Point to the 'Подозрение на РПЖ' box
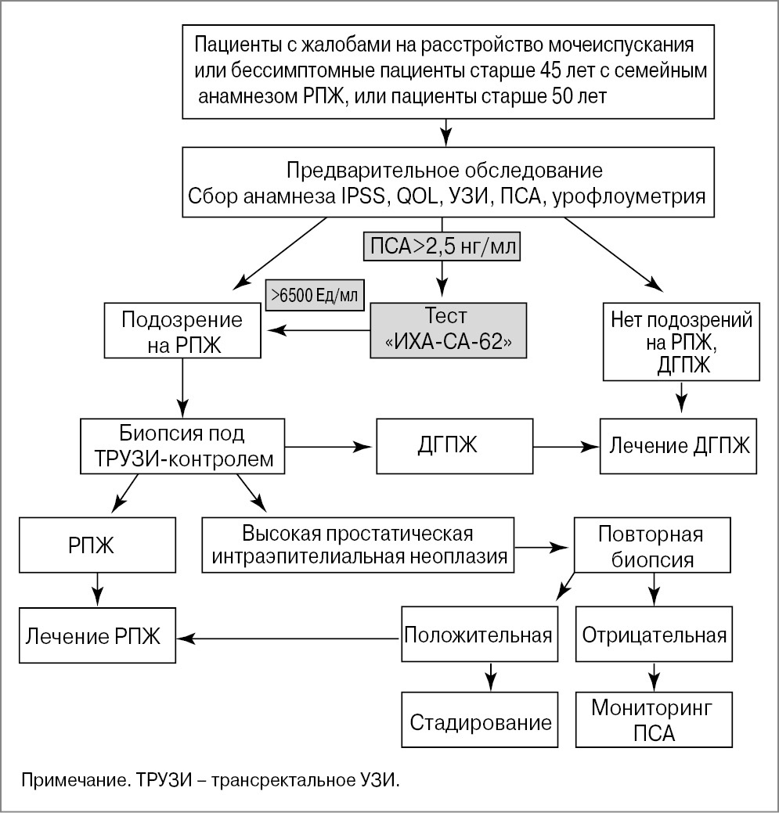pyautogui.click(x=182, y=332)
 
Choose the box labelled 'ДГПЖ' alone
pyautogui.click(x=448, y=446)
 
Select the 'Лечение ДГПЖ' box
pyautogui.click(x=678, y=446)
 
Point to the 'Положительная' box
pyautogui.click(x=478, y=633)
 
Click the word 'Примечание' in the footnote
pyautogui.click(x=67, y=779)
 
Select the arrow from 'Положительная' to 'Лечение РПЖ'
pyautogui.click(x=290, y=639)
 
